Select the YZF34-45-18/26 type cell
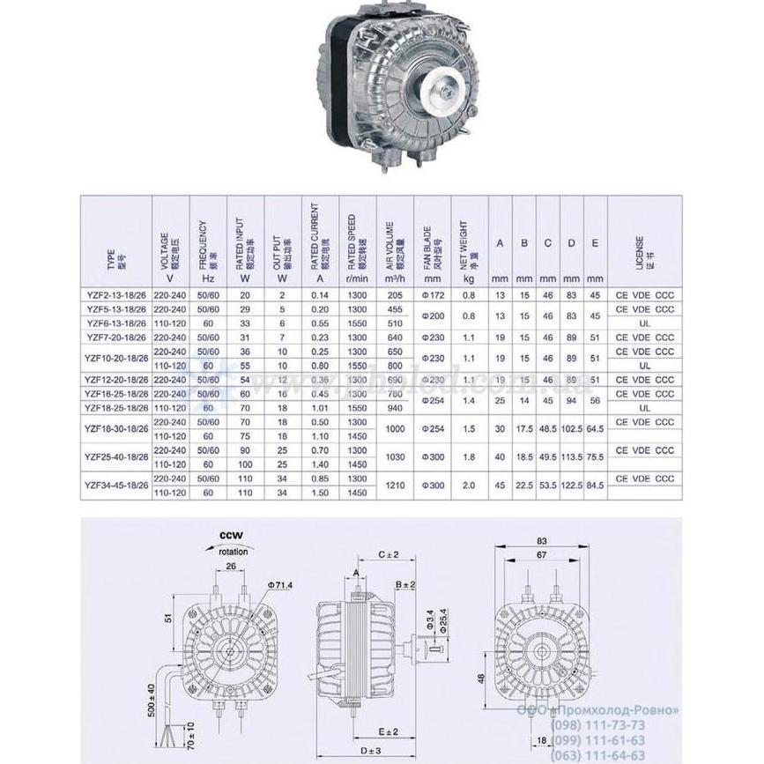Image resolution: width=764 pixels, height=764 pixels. tap(115, 483)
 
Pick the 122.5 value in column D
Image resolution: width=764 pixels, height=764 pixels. tap(572, 483)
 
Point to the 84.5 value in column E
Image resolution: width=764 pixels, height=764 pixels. tap(596, 483)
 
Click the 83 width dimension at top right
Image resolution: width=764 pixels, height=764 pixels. tap(542, 542)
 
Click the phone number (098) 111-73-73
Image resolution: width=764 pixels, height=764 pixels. tap(597, 724)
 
